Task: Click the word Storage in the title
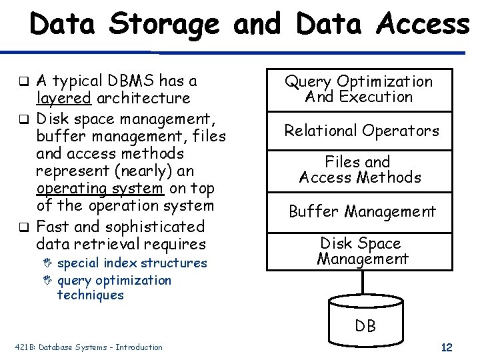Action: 164,25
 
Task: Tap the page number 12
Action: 447,347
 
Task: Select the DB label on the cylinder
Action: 365,326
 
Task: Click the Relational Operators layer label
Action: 361,131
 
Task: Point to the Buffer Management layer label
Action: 361,212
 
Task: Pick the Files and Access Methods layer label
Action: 360,169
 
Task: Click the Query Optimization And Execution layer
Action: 359,89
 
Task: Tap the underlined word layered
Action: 64,99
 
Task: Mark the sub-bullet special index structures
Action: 132,263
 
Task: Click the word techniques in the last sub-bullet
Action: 91,295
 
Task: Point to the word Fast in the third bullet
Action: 55,227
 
